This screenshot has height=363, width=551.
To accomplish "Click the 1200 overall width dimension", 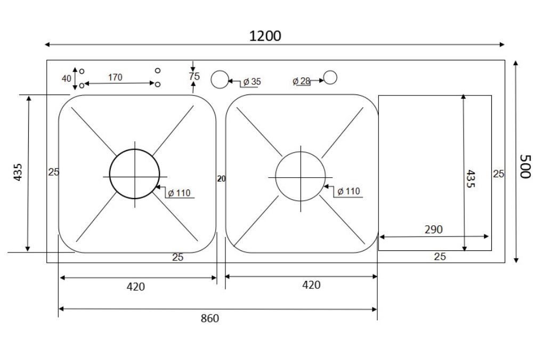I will coord(265,36).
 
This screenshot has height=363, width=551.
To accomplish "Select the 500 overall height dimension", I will coord(526,167).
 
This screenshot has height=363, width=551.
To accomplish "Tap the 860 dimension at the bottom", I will coord(209,319).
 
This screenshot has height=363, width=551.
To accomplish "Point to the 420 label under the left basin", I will coord(135,287).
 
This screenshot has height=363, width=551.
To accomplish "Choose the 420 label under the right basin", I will coord(311,285).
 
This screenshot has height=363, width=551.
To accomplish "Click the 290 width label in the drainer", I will coord(433,230).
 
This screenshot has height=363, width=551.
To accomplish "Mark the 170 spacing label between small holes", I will coord(115,77).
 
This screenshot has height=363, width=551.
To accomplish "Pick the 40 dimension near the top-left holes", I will coord(66,78).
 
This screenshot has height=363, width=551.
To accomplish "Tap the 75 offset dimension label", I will coord(194,76).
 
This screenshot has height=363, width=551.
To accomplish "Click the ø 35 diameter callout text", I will coord(252,82).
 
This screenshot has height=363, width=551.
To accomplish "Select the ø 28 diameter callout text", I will coord(302,81).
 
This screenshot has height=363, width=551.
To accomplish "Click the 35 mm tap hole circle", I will coord(220,80).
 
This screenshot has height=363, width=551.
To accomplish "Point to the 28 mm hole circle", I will coord(330,78).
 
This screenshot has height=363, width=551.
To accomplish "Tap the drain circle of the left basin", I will coord(134,174).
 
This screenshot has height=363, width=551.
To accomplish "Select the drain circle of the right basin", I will coord(300,176).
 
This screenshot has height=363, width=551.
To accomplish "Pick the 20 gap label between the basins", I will coord(221,179).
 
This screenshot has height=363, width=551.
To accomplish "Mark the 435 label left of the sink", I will coord(18,172).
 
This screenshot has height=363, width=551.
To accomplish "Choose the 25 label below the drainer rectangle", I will coord(440,257).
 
